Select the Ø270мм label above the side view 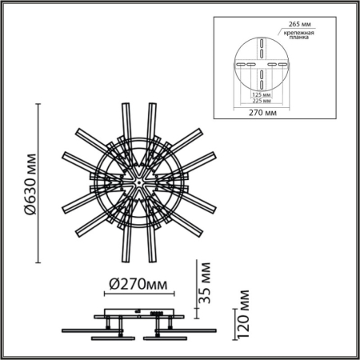137,284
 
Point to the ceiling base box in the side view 137,313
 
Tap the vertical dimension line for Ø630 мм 39,183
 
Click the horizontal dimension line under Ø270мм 137,295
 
